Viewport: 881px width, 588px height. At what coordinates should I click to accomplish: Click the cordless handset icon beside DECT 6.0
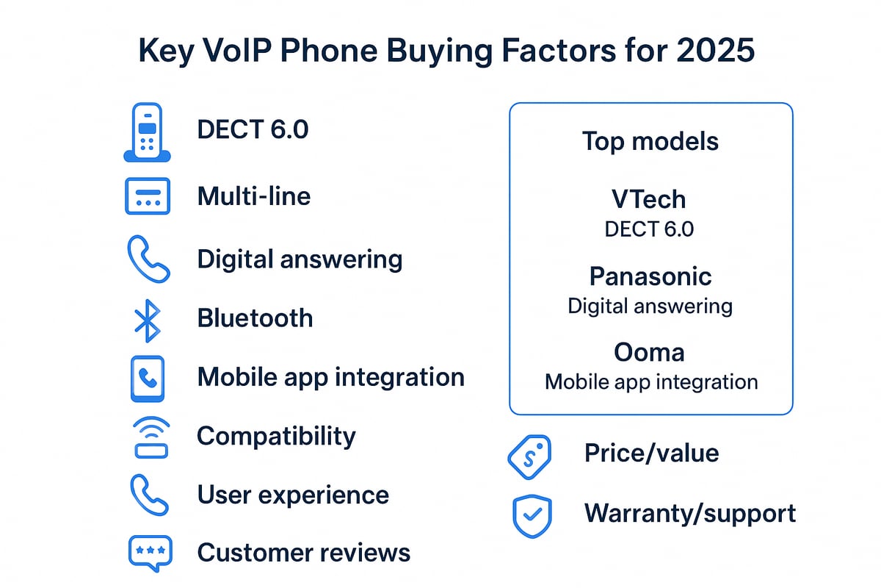pyautogui.click(x=147, y=132)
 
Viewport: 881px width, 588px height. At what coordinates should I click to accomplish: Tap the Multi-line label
pyautogui.click(x=253, y=196)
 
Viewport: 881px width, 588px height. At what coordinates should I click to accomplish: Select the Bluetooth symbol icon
pyautogui.click(x=148, y=319)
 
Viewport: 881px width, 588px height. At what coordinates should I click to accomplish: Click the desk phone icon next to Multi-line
pyautogui.click(x=148, y=196)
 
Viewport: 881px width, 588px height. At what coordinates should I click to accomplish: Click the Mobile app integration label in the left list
pyautogui.click(x=330, y=377)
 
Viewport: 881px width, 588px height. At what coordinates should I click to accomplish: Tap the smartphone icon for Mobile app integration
pyautogui.click(x=148, y=379)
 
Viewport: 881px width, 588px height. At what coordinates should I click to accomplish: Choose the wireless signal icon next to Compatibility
pyautogui.click(x=148, y=437)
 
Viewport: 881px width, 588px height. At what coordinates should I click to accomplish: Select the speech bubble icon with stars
pyautogui.click(x=148, y=552)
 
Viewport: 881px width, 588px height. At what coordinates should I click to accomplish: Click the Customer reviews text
pyautogui.click(x=303, y=552)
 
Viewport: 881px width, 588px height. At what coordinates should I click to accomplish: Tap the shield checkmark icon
pyautogui.click(x=530, y=514)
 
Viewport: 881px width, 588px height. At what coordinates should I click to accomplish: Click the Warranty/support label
pyautogui.click(x=689, y=513)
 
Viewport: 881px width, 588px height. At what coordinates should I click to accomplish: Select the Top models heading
pyautogui.click(x=650, y=141)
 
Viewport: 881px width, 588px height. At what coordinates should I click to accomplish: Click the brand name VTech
pyautogui.click(x=649, y=199)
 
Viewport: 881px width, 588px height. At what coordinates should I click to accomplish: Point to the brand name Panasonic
pyautogui.click(x=650, y=276)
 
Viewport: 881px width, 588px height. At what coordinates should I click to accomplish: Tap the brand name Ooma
pyautogui.click(x=650, y=353)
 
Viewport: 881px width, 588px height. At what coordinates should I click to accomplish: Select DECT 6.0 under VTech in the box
pyautogui.click(x=649, y=229)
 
